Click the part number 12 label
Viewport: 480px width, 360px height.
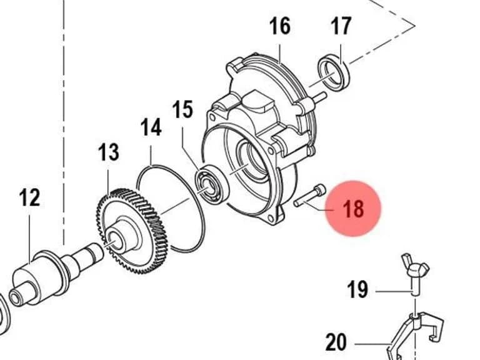point(29,197)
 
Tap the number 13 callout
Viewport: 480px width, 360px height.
point(109,152)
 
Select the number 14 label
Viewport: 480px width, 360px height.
point(151,127)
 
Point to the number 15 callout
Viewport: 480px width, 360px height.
point(182,109)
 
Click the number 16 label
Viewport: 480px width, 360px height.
point(280,26)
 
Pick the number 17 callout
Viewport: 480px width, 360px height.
point(341,26)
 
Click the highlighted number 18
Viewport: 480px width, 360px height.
point(354,209)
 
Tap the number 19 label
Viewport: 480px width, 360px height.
point(357,289)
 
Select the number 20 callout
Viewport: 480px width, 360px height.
point(336,342)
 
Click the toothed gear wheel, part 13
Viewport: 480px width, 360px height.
point(132,231)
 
